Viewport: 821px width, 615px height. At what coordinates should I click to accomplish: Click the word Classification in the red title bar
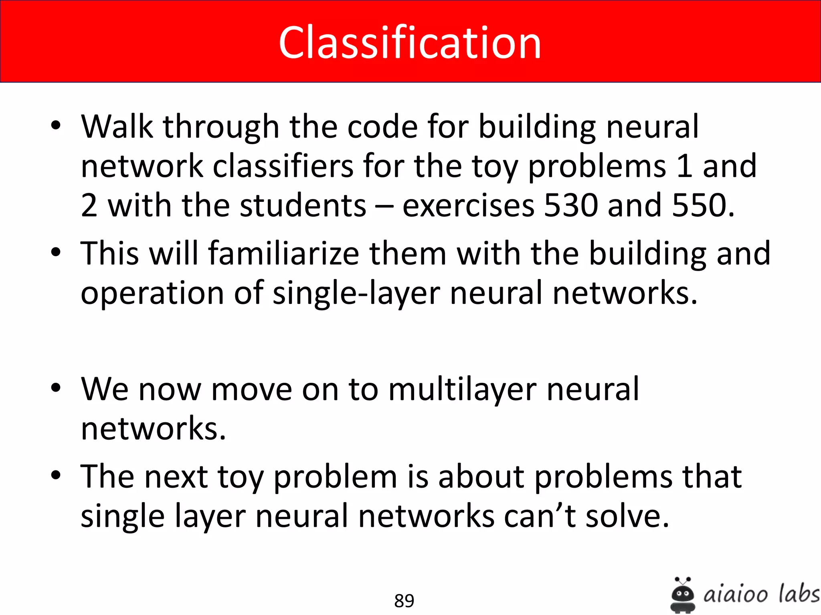pos(410,42)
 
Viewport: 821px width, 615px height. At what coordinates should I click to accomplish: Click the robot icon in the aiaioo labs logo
pos(682,595)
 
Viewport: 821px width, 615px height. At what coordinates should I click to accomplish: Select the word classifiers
pos(283,166)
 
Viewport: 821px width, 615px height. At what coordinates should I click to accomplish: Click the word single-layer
pos(356,293)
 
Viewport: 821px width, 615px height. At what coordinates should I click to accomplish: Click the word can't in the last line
pos(540,516)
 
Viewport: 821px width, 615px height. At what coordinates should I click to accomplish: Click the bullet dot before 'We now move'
pos(56,388)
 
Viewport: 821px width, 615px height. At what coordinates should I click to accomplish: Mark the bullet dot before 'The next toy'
pos(56,475)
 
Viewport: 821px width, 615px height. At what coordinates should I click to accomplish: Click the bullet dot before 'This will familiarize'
pos(56,252)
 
